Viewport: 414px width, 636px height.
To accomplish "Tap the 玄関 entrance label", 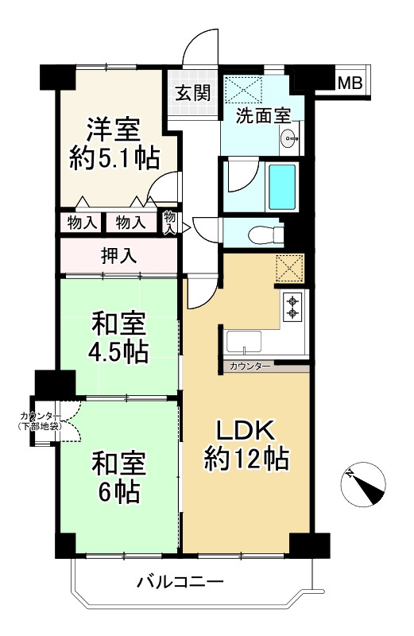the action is pyautogui.click(x=193, y=93).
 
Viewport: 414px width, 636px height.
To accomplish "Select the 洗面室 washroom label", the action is pyautogui.click(x=264, y=115).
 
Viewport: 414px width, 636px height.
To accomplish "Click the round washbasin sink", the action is pyautogui.click(x=290, y=139).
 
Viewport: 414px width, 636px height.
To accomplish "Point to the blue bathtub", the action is pyautogui.click(x=282, y=186).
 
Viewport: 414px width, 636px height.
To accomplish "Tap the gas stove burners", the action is pyautogui.click(x=292, y=307).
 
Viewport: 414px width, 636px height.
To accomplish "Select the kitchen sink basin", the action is pyautogui.click(x=244, y=343).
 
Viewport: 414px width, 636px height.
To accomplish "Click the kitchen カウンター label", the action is pyautogui.click(x=250, y=366).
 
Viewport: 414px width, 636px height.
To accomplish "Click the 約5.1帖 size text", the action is pyautogui.click(x=114, y=158).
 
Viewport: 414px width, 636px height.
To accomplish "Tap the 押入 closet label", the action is pyautogui.click(x=119, y=255).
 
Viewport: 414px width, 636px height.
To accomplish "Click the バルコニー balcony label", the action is pyautogui.click(x=180, y=583).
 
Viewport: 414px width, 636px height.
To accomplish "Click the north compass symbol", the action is pyautogui.click(x=363, y=486).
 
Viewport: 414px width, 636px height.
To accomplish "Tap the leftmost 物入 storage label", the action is pyautogui.click(x=83, y=223).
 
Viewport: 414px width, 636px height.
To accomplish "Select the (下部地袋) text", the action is pyautogui.click(x=39, y=426).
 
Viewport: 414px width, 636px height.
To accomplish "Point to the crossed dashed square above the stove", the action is pyautogui.click(x=289, y=268).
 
